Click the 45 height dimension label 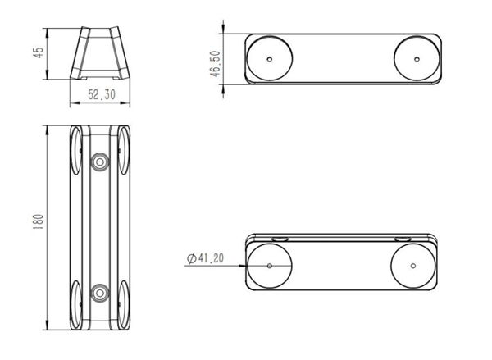[x=38, y=52]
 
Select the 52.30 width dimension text [x=102, y=94]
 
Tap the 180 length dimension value [x=38, y=221]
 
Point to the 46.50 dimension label [x=216, y=64]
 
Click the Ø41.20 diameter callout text [x=206, y=258]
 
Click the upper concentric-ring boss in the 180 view [x=100, y=162]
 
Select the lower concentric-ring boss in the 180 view [x=100, y=293]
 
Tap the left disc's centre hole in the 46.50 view [x=270, y=59]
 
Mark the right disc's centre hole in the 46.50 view [x=417, y=59]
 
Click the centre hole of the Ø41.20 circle [x=270, y=266]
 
